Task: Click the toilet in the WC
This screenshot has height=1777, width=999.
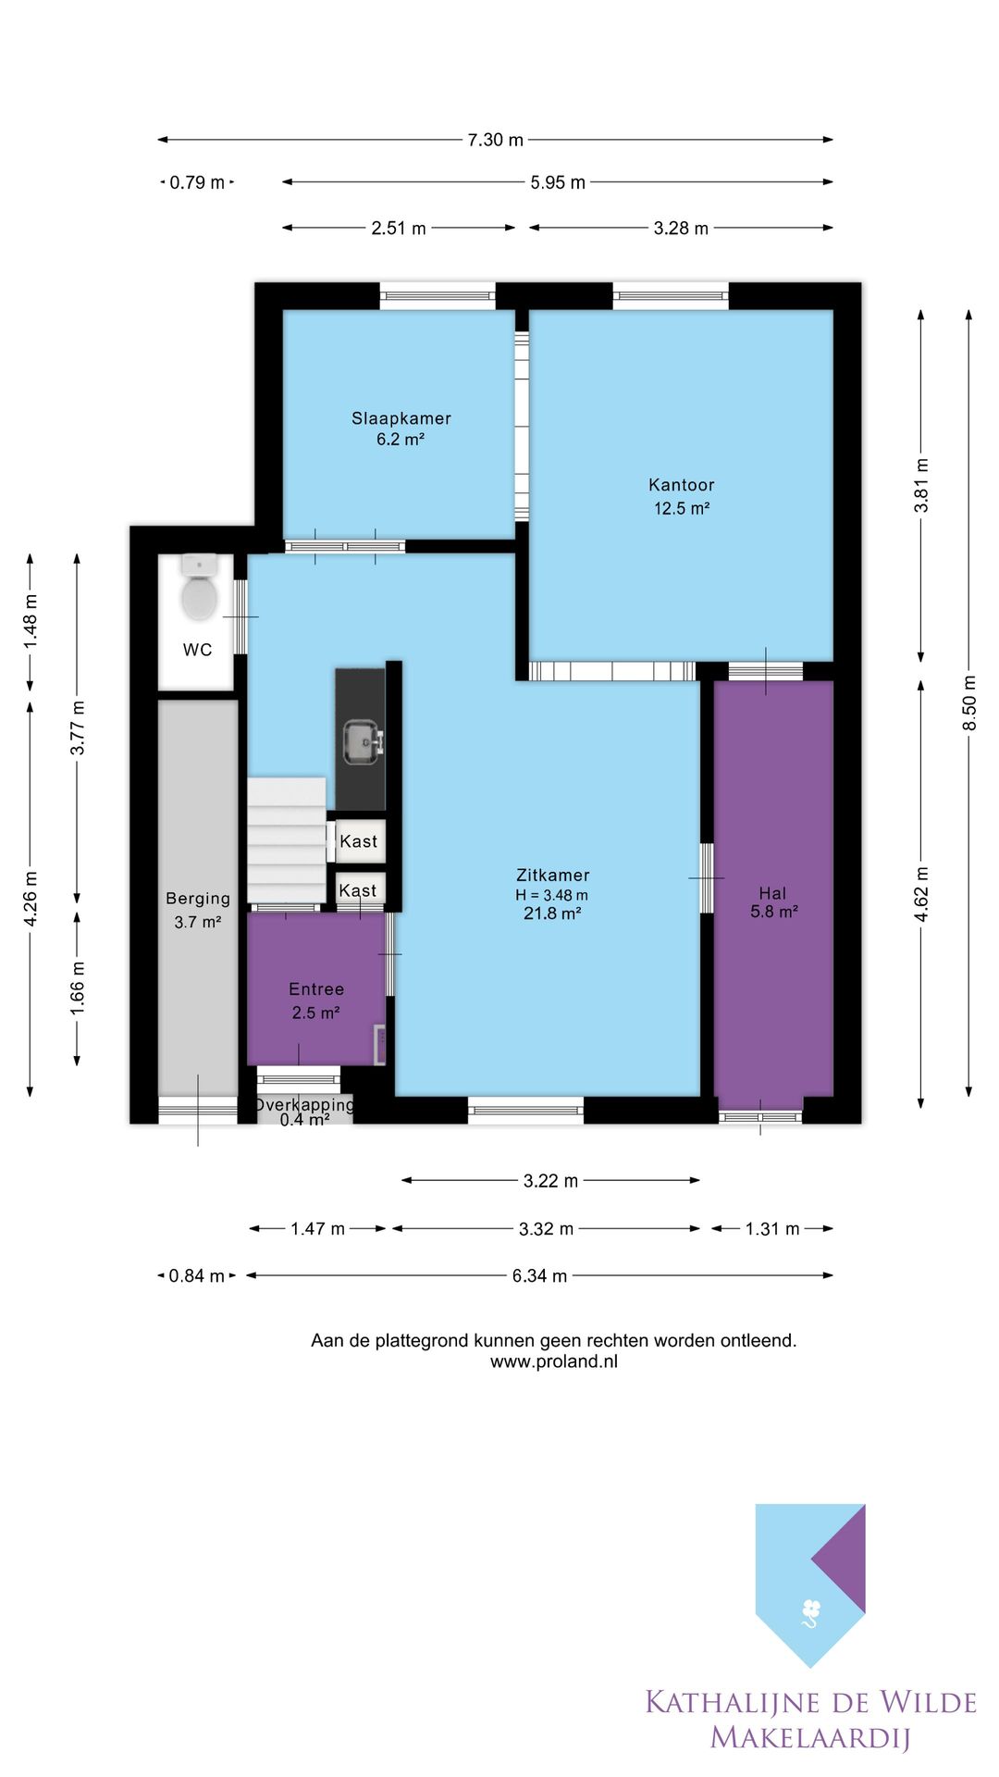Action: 199,589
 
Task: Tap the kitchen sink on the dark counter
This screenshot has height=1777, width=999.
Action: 361,742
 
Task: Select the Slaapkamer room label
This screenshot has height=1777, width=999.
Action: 401,418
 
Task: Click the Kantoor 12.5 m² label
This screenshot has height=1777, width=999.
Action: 682,496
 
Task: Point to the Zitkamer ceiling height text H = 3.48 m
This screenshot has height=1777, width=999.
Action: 552,895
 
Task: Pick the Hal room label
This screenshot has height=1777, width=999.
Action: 773,893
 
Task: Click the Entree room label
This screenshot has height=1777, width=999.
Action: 316,989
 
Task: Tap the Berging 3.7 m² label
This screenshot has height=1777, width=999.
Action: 198,910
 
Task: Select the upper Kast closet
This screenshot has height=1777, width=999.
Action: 359,841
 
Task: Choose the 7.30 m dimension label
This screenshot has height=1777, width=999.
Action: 496,140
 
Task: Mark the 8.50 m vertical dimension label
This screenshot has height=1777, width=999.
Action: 969,702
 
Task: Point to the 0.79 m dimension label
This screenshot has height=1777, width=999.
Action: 197,182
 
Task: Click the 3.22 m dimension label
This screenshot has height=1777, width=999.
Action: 551,1181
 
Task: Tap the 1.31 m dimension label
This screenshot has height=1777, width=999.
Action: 772,1229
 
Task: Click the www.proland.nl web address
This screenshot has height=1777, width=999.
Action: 554,1361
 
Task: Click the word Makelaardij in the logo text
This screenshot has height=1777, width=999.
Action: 810,1737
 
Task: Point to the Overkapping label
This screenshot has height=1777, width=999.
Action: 304,1104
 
